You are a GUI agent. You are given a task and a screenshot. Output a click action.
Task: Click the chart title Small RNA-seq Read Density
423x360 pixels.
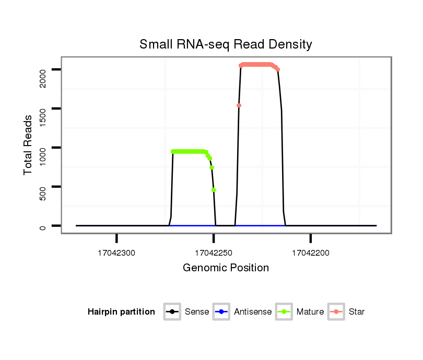[x=226, y=44]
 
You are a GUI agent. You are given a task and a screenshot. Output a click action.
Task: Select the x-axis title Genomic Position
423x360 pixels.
[x=226, y=268]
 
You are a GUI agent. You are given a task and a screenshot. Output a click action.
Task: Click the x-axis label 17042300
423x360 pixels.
[x=116, y=253]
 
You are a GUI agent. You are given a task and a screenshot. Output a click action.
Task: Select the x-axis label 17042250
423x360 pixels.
[x=214, y=253]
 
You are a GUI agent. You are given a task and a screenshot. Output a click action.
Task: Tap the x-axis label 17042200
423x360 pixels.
[x=311, y=253]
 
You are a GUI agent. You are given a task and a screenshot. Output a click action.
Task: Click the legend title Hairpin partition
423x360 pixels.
[x=121, y=312]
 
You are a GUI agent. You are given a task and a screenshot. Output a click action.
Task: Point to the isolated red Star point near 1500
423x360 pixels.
[x=239, y=105]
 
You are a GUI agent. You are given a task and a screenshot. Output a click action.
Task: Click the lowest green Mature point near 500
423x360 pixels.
[x=214, y=190]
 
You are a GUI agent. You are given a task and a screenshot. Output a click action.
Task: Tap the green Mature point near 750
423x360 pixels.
[x=211, y=167]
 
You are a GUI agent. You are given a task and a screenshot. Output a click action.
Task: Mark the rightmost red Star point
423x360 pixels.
[x=278, y=69]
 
